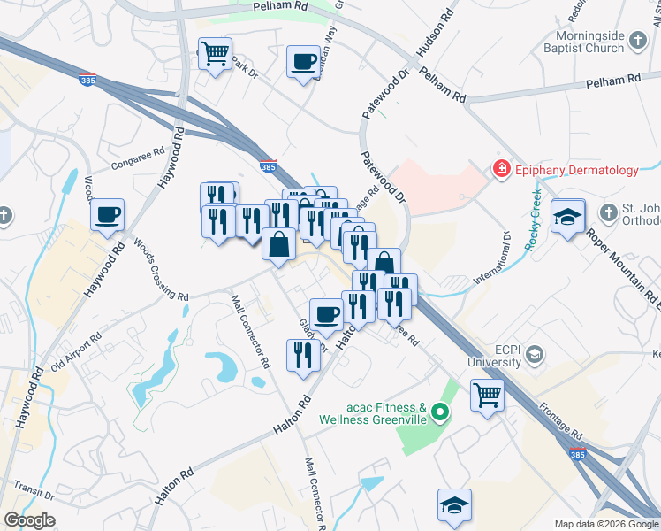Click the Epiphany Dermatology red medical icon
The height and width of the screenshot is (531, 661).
click(x=502, y=168)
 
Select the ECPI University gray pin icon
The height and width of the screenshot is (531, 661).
click(x=535, y=355)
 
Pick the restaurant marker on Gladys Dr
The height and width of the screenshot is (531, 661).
click(x=303, y=355)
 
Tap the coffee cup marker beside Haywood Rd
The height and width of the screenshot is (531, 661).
click(x=108, y=214)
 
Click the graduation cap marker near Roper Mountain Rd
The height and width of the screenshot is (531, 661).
click(x=566, y=217)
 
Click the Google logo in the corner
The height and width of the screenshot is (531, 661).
click(x=29, y=520)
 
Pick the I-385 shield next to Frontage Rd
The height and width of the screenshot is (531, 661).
click(x=576, y=454)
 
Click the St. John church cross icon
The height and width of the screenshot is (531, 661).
click(x=607, y=212)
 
